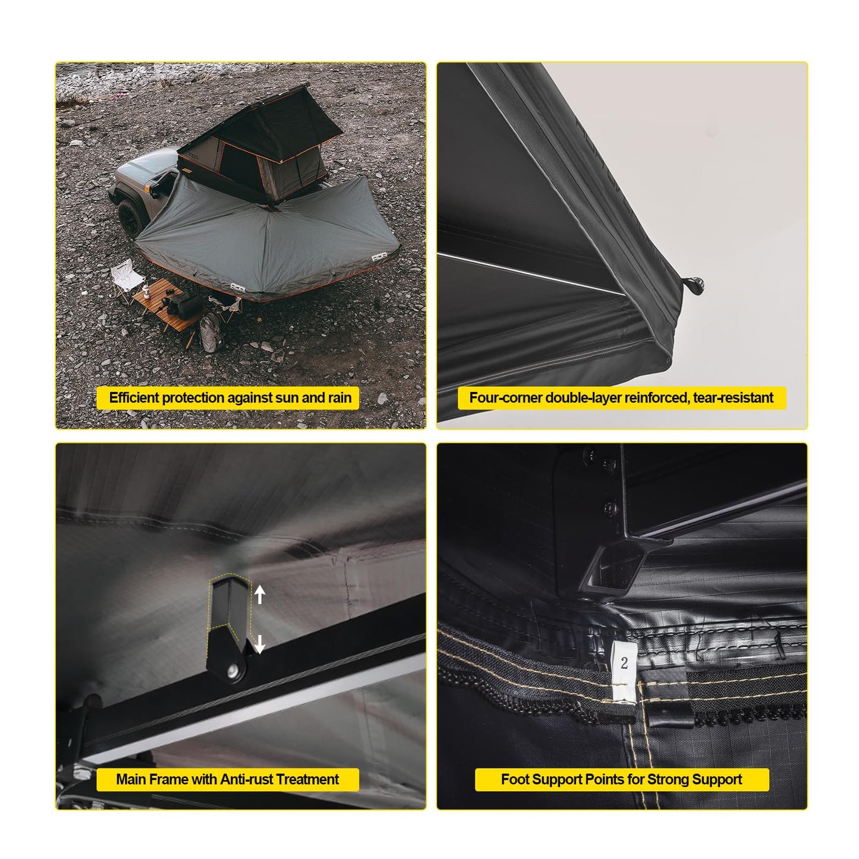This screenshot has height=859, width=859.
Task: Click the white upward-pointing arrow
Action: [260, 594]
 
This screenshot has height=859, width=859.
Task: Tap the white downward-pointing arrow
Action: [259, 643]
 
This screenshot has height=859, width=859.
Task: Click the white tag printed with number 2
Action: [623, 672]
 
